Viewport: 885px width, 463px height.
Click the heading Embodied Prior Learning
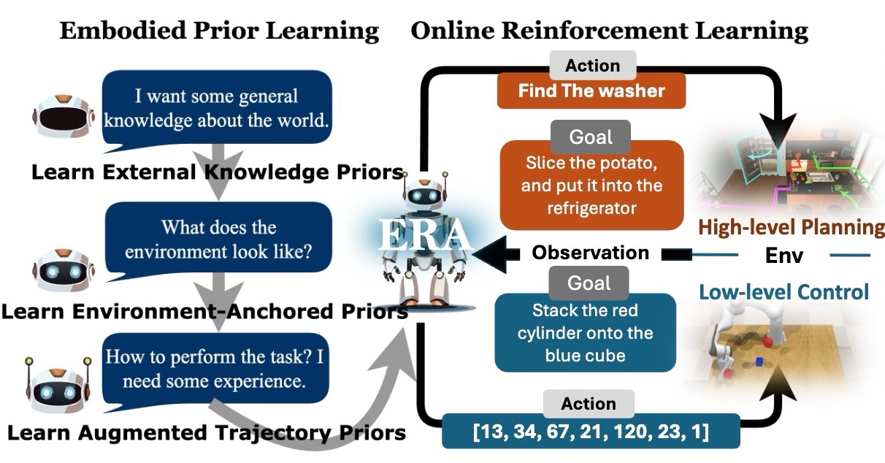coord(219,31)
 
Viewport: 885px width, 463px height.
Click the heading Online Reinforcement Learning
coord(610,31)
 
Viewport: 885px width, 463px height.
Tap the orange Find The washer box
coord(591,91)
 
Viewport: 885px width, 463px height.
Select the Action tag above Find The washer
coord(593,66)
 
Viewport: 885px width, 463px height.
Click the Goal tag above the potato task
coord(591,137)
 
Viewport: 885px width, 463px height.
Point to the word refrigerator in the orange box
coord(592,208)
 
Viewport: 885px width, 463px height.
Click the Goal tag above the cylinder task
coord(589,283)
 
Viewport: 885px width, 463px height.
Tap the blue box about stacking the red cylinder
coord(585,332)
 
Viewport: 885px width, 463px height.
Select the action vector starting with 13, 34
coord(591,431)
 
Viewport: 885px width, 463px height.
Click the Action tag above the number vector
coord(589,404)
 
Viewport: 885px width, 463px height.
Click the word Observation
coord(591,253)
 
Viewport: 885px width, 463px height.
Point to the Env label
coord(784,255)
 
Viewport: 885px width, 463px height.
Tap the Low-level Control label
coord(784,292)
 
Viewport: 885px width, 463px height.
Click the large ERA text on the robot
coord(425,235)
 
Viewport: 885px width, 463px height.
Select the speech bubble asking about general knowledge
coord(217,108)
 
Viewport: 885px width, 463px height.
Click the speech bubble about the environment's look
coord(218,240)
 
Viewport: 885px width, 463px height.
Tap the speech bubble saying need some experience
coord(215,370)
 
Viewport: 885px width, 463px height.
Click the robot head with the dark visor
coord(64,115)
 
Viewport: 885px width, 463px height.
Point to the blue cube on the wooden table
coord(759,361)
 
